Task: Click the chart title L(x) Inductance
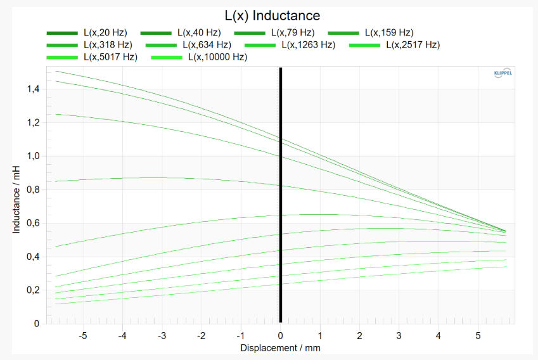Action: click(x=272, y=15)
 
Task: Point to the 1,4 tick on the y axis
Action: click(x=32, y=89)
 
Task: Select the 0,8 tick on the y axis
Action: click(x=32, y=190)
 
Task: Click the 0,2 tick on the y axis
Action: click(x=32, y=290)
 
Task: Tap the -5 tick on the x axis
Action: click(x=83, y=334)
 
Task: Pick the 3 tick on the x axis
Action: click(x=399, y=334)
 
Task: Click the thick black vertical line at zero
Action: click(x=281, y=190)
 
